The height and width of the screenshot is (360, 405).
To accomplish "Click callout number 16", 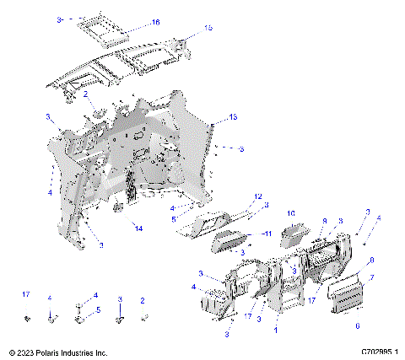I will click(154, 22).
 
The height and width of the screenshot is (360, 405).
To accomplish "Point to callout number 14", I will click(138, 228).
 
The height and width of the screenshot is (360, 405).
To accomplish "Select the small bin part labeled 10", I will click(294, 230).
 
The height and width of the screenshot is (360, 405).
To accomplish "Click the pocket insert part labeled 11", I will click(229, 244).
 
